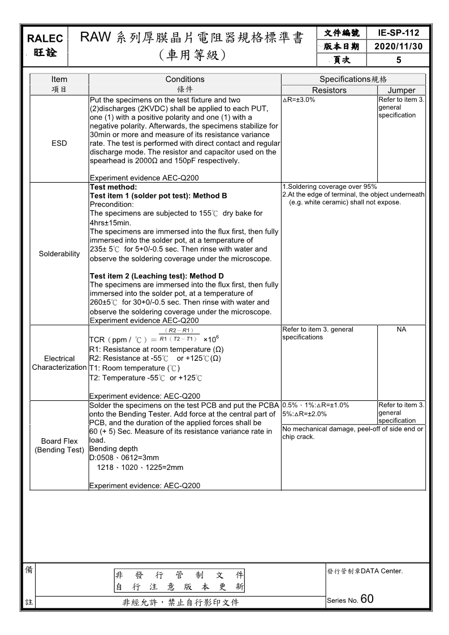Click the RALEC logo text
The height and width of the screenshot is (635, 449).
(45, 38)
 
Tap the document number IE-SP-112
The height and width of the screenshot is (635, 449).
(399, 33)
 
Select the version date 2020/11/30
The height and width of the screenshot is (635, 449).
(399, 46)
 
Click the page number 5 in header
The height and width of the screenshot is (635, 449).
(399, 60)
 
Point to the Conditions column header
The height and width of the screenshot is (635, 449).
(185, 79)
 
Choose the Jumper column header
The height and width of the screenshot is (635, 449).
(401, 90)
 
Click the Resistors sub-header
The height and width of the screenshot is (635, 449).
(329, 90)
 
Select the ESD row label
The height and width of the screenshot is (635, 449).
(59, 143)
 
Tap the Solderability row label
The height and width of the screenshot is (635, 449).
(59, 254)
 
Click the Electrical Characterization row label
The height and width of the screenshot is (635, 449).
(59, 363)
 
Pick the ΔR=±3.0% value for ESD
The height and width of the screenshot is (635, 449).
(299, 100)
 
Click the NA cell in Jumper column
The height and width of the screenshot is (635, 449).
(401, 329)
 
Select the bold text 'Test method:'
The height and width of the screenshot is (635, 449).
(113, 187)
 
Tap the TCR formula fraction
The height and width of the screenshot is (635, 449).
(179, 335)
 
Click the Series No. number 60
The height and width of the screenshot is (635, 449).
(366, 599)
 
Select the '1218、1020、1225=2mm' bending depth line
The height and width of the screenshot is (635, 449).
(140, 468)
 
